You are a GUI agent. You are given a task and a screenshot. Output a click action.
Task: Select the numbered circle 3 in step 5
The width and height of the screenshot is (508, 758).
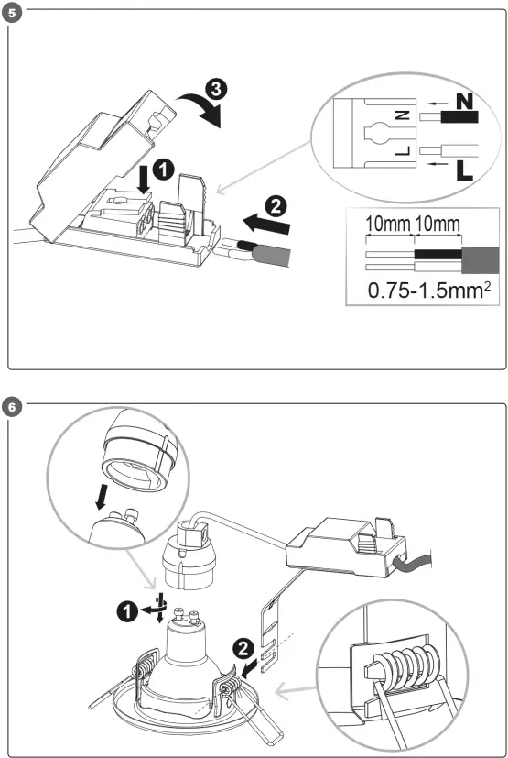point(212,90)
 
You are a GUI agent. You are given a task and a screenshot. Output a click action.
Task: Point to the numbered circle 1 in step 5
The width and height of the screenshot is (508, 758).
point(161,170)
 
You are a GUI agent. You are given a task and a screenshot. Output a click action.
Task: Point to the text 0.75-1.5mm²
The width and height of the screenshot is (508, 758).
point(425,291)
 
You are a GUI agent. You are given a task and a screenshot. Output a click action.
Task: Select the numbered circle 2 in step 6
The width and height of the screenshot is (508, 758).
point(242,648)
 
